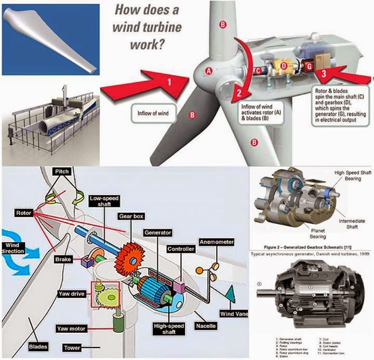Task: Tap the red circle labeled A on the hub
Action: pos(209,70)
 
